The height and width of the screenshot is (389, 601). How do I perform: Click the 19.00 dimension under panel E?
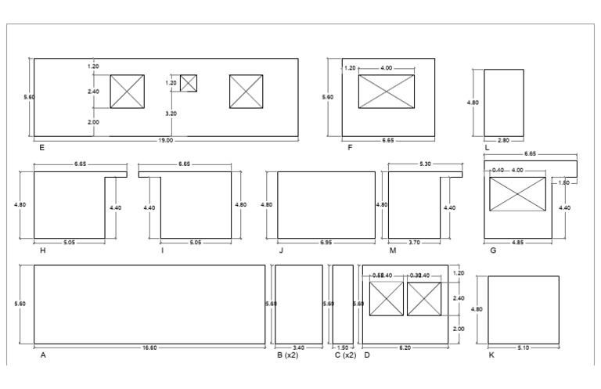pyautogui.click(x=165, y=140)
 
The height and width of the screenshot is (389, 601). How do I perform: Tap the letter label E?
pyautogui.click(x=41, y=147)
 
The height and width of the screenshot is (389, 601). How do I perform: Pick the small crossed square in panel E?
pyautogui.click(x=189, y=83)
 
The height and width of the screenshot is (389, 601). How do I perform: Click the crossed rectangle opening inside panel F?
pyautogui.click(x=386, y=91)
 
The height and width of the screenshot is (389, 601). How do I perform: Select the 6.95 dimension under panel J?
pyautogui.click(x=325, y=243)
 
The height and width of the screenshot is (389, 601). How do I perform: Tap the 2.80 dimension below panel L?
pyautogui.click(x=503, y=140)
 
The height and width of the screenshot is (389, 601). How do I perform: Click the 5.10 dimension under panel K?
pyautogui.click(x=523, y=348)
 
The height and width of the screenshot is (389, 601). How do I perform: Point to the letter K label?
pyautogui.click(x=491, y=355)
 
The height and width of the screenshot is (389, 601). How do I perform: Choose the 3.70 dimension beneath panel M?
pyautogui.click(x=414, y=243)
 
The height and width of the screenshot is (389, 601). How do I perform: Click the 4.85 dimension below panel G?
pyautogui.click(x=518, y=243)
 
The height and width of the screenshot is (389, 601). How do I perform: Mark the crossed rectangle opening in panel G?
pyautogui.click(x=517, y=193)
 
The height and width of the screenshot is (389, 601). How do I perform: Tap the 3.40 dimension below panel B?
pyautogui.click(x=297, y=348)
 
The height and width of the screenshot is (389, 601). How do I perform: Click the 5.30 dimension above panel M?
pyautogui.click(x=424, y=164)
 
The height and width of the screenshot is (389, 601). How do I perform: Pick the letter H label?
pyautogui.click(x=42, y=250)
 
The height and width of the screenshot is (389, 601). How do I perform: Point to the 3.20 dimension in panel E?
pyautogui.click(x=171, y=113)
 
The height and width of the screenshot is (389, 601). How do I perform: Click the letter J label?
pyautogui.click(x=280, y=250)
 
